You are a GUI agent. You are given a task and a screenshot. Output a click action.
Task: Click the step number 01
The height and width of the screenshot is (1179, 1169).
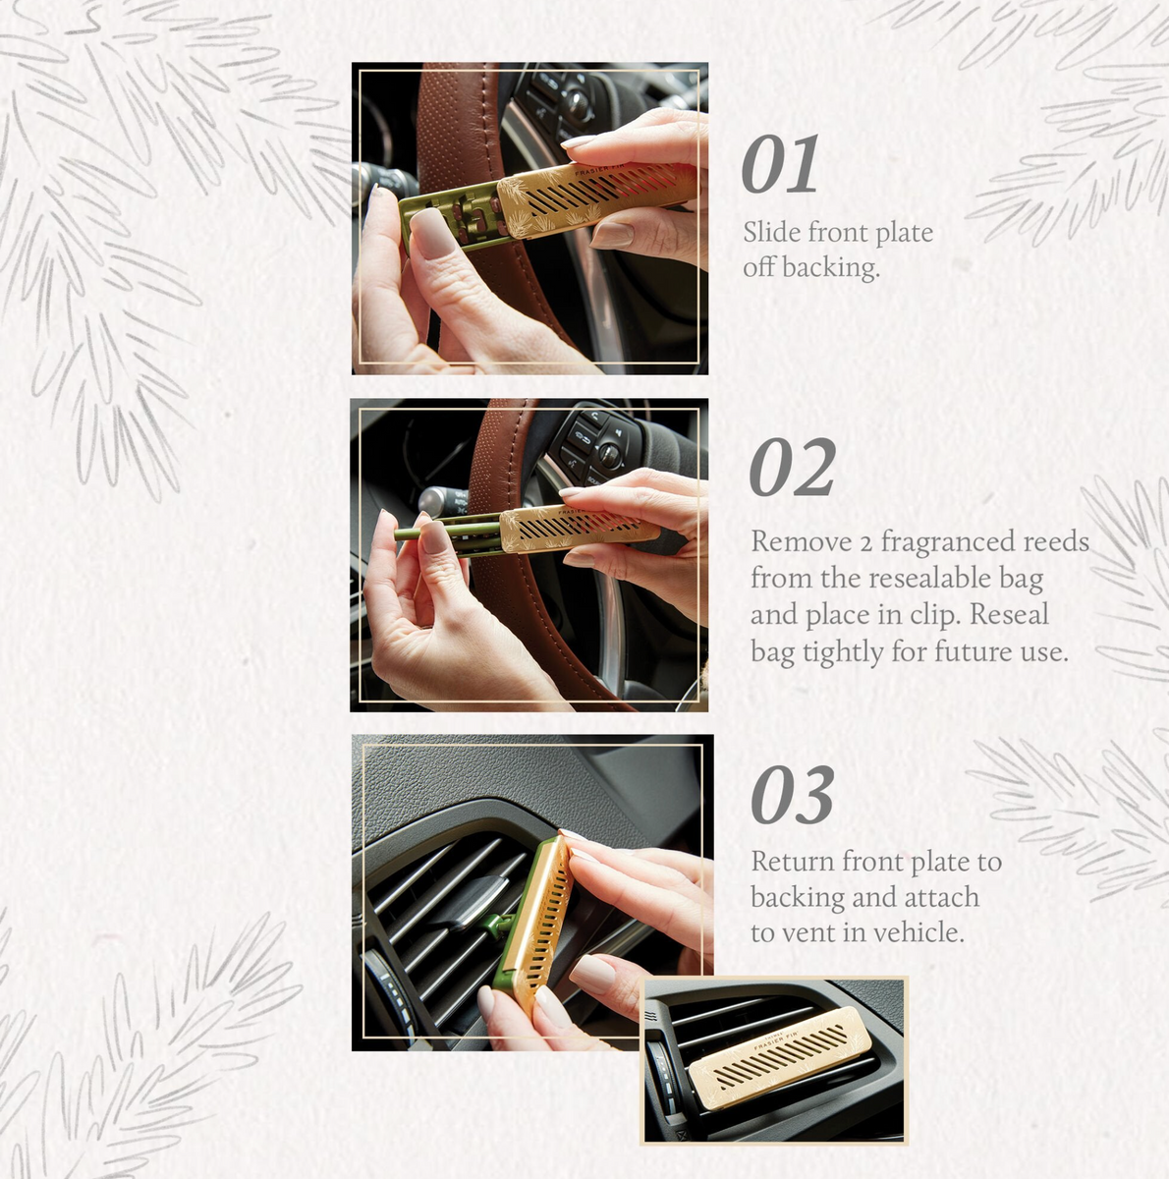click(x=780, y=166)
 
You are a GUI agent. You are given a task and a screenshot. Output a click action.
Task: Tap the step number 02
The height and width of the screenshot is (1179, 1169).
click(x=792, y=470)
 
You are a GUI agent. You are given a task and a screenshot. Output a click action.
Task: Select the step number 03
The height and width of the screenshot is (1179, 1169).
click(x=792, y=796)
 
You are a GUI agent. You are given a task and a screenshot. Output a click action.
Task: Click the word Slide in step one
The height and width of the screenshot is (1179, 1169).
click(x=771, y=233)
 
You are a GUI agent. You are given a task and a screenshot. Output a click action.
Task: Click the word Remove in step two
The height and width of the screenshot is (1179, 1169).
click(x=788, y=542)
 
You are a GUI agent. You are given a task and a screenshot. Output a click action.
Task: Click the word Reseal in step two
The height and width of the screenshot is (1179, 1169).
click(x=1009, y=615)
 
